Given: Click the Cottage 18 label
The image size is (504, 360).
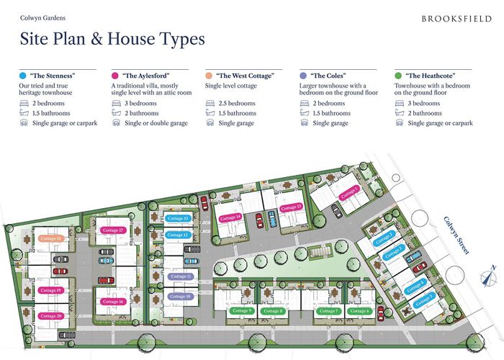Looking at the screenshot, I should [51, 238].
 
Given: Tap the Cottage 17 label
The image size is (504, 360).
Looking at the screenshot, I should [113, 230].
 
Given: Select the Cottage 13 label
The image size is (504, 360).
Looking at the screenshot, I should [177, 218].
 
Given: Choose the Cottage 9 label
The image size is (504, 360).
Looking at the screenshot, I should [243, 311].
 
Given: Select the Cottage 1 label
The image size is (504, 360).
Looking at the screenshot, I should [350, 191].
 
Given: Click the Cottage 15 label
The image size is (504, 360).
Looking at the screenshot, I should [289, 207].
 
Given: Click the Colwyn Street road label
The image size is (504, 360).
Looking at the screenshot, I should [458, 235].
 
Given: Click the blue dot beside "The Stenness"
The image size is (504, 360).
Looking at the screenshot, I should [24, 75].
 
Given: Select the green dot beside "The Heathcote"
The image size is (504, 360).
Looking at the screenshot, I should [398, 75].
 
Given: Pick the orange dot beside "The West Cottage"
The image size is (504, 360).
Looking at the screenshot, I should [210, 75].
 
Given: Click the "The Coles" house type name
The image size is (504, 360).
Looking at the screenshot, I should [327, 75].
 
